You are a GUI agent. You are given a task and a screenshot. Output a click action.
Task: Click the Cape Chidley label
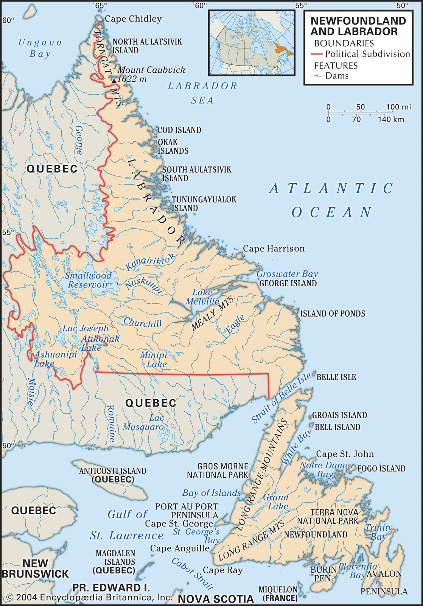[133, 19]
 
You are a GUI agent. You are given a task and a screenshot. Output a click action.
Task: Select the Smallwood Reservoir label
[89, 280]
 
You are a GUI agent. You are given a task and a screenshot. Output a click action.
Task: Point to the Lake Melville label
[203, 297]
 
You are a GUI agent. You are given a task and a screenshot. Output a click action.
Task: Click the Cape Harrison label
[274, 248]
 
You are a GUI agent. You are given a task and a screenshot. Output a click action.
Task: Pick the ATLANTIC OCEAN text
[331, 200]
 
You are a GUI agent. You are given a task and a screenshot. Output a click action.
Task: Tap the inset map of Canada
[252, 43]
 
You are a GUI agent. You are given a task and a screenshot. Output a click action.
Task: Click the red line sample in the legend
[316, 54]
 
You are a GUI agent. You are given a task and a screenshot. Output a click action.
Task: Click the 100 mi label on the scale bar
[398, 107]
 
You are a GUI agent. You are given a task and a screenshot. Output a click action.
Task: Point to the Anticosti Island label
[113, 475]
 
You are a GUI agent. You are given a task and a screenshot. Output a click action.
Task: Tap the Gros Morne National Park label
[218, 470]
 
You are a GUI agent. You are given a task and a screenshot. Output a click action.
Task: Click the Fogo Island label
[381, 469]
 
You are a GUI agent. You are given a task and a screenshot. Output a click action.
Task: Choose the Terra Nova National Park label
[328, 517]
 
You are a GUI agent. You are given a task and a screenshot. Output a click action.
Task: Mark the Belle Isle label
[336, 377]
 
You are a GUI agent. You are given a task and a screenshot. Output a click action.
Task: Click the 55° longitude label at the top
[301, 5]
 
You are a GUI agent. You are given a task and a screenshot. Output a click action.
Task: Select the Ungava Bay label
[40, 48]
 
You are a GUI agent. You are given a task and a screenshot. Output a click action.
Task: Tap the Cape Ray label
[223, 570]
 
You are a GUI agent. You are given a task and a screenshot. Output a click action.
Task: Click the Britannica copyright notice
[90, 597]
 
